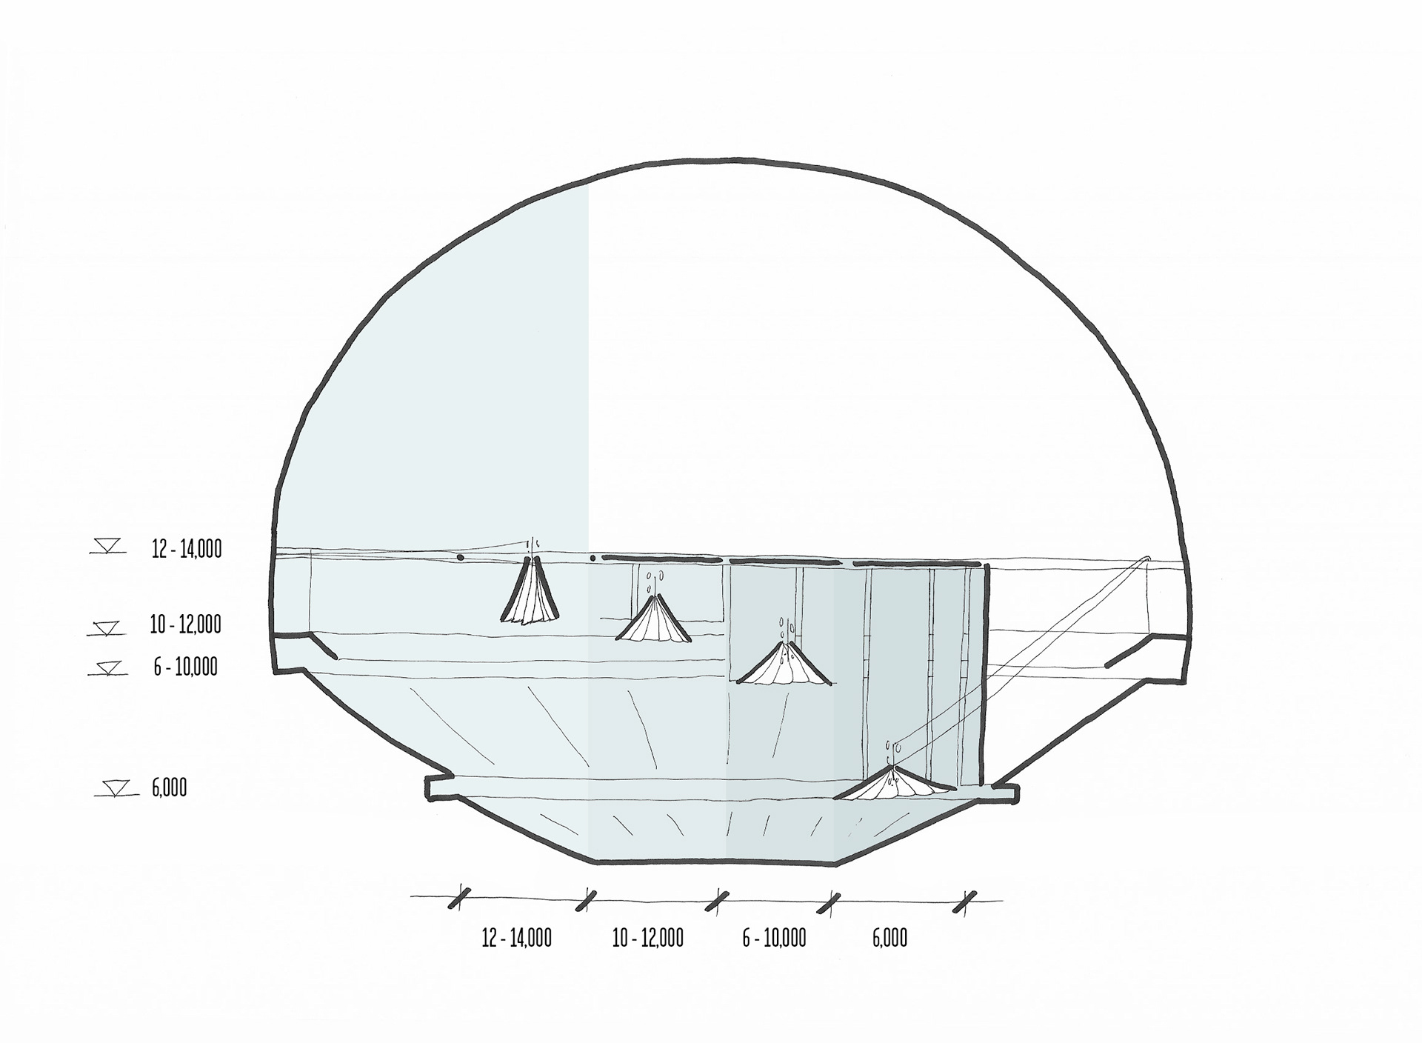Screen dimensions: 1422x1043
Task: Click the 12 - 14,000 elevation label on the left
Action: (187, 550)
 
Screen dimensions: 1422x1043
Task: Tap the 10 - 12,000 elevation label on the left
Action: (185, 624)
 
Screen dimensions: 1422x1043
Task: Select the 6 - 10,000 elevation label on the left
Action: (186, 667)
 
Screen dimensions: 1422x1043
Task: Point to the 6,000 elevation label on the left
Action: (170, 787)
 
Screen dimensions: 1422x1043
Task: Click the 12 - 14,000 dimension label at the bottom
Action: (517, 939)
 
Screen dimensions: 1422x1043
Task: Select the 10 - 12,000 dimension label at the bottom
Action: (648, 939)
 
